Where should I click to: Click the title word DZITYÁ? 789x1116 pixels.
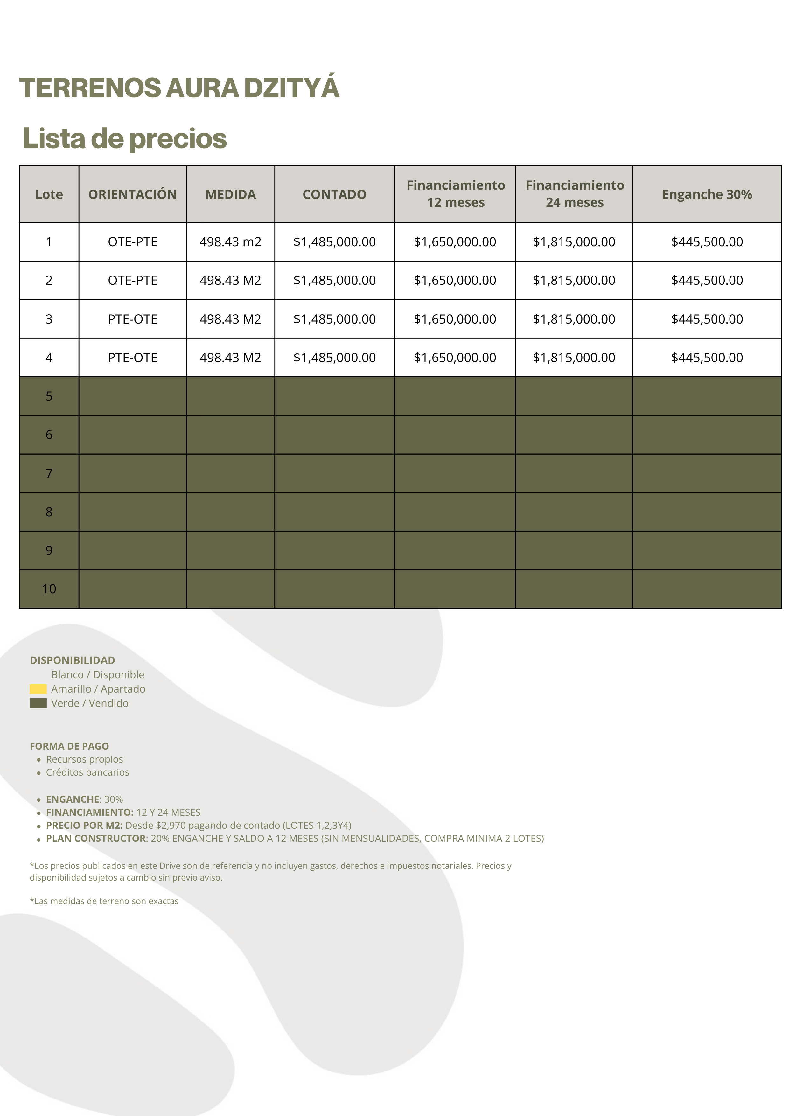click(291, 88)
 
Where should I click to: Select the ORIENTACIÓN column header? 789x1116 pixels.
click(132, 194)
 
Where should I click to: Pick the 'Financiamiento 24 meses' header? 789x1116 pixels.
click(574, 194)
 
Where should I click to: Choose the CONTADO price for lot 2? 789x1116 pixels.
click(334, 281)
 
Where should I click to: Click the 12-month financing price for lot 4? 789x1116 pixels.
click(455, 358)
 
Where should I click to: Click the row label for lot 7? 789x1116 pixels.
click(49, 473)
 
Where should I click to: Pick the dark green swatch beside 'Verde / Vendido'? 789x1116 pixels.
click(38, 703)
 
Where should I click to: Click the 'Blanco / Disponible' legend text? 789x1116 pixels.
click(98, 675)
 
